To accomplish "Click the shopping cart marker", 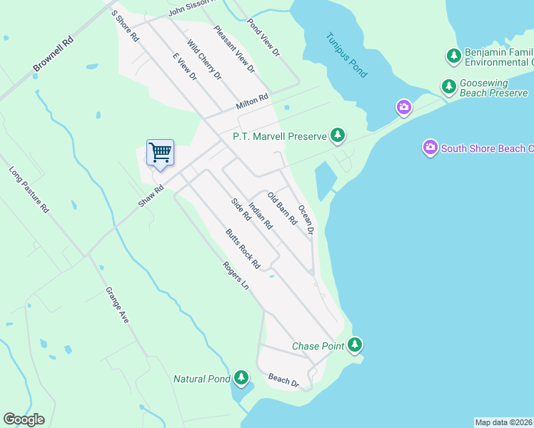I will pos(160,152).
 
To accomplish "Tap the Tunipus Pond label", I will pos(346,55).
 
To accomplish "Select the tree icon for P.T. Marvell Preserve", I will pos(338,135).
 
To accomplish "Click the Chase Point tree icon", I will pos(355,346).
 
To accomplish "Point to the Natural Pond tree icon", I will pos(242,378).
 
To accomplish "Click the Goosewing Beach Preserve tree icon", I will pos(448,87).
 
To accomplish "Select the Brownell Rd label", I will pos(54,53).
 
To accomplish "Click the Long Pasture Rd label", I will pos(29,190).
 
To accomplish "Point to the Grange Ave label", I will pos(117,305).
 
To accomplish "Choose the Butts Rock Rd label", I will pos(243,249).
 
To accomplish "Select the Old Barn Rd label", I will pos(282,208).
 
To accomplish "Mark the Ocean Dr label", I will pos(306,220).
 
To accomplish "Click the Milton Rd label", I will pos(252,102).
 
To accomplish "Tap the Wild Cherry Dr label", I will pos(204,59).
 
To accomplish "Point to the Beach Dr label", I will pos(283,381).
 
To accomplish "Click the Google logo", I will pos(24,419).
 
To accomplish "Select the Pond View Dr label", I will pos(263,37).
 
